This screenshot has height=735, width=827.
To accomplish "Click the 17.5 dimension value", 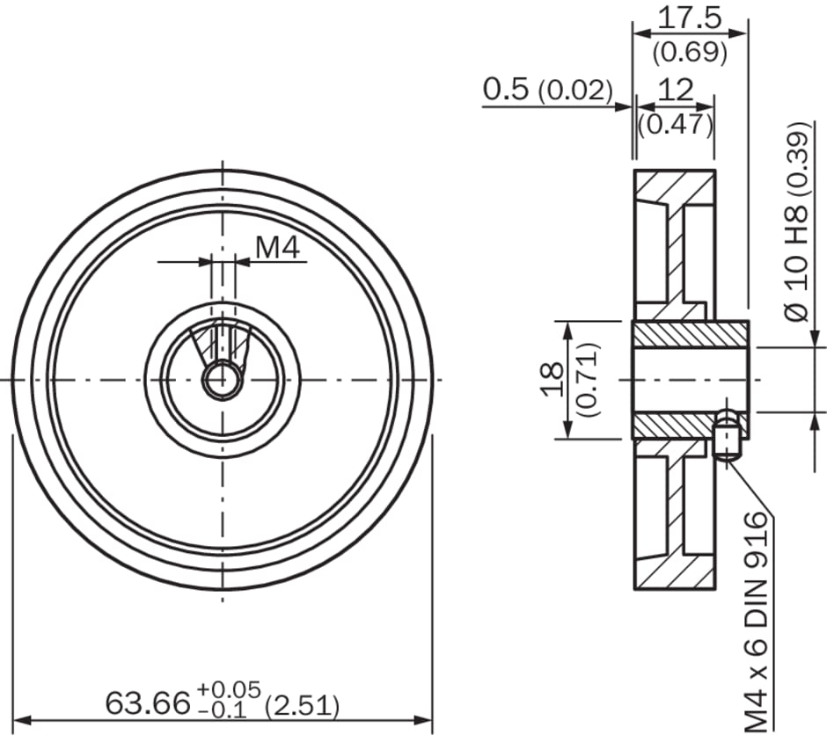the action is pos(690,18).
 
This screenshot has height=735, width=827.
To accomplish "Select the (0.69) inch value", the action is pos(690,52).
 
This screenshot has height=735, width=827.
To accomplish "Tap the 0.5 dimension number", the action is pos(505,89).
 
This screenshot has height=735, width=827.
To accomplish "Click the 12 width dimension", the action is pos(676,90).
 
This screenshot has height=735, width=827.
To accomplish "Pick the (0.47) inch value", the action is pos(676,124).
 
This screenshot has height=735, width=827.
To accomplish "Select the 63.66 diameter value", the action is pos(147,702).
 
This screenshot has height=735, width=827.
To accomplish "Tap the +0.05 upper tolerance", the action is pos(229,689).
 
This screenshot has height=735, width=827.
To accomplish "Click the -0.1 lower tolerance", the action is pos(223,710).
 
